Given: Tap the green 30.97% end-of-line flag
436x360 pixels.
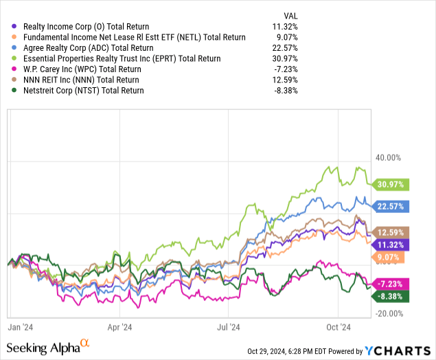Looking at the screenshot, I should click(389, 184).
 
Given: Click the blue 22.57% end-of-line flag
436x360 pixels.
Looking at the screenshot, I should click(389, 205).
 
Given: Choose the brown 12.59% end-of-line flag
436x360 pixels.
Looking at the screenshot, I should click(389, 232).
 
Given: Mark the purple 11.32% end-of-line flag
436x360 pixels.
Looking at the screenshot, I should click(389, 244).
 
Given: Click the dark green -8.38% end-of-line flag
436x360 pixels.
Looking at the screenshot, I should click(389, 297).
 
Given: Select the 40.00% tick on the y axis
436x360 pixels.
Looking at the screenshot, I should click(388, 158).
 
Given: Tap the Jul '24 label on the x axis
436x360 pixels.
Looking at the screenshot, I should click(229, 328).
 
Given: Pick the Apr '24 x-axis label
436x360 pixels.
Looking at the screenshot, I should click(119, 328).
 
